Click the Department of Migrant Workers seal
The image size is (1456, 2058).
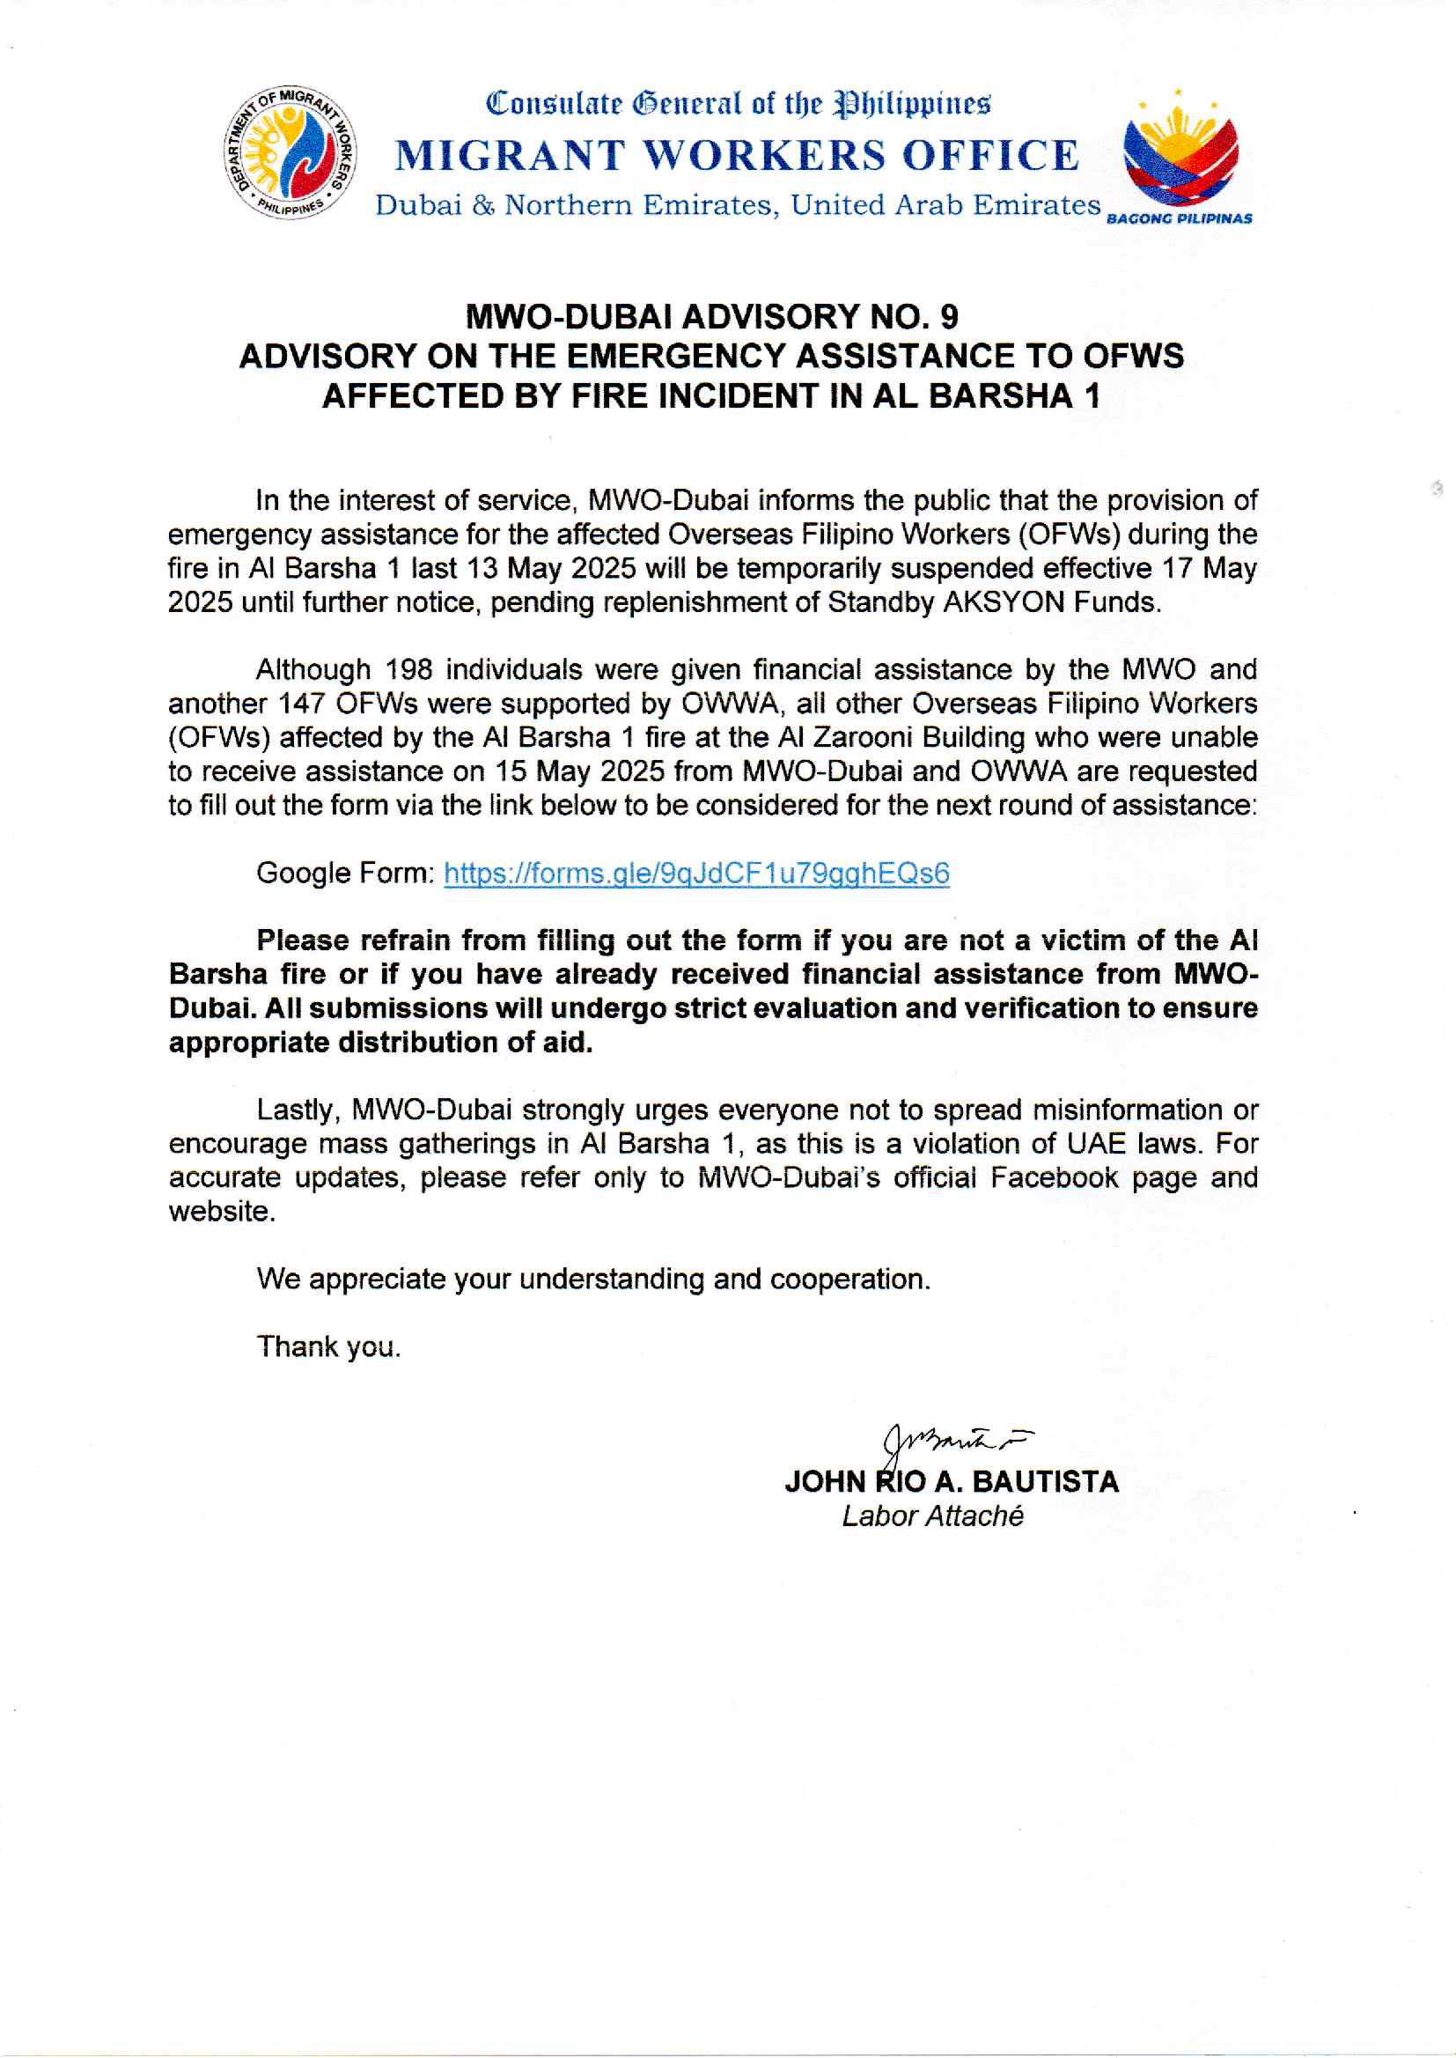(289, 153)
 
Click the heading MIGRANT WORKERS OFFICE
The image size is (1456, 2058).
(737, 156)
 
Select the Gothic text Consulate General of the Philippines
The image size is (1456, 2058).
(737, 104)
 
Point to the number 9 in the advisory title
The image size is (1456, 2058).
(949, 316)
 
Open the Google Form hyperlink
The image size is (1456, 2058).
(695, 874)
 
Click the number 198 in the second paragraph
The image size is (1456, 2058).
(408, 670)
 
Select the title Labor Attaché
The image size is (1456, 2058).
(932, 1516)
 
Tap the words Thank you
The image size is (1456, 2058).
(328, 1346)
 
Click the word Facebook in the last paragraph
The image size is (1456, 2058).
(1054, 1178)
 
